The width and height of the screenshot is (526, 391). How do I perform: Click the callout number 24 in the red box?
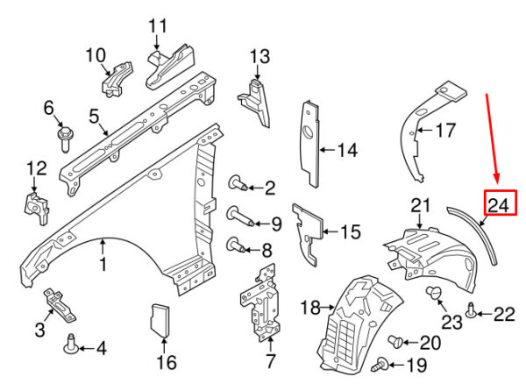pyautogui.click(x=498, y=205)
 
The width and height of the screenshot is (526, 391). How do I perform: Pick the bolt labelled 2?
pyautogui.click(x=237, y=184)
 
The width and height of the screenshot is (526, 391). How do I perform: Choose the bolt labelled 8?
pyautogui.click(x=237, y=245)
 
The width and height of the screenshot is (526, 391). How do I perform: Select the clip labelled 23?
pyautogui.click(x=432, y=293)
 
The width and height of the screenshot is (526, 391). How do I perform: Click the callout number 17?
pyautogui.click(x=445, y=132)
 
